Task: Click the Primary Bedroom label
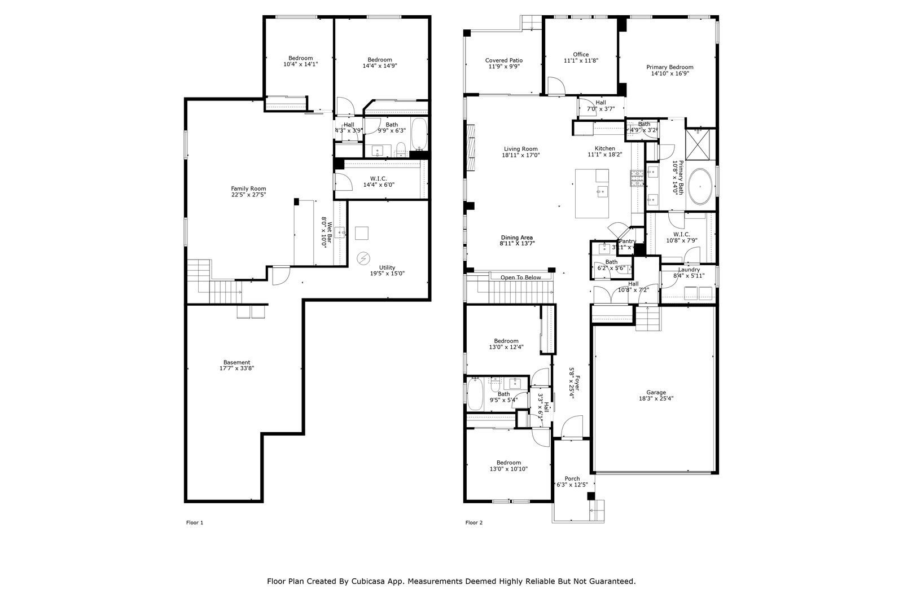669,67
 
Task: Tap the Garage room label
656,393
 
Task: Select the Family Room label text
248,188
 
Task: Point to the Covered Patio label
503,60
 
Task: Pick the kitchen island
591,193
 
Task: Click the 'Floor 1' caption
194,522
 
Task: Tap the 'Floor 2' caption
474,522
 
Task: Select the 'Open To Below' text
520,278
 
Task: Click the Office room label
581,55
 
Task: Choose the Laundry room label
689,270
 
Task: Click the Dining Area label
517,238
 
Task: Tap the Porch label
572,479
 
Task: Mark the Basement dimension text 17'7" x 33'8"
236,368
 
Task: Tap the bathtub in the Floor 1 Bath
418,133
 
